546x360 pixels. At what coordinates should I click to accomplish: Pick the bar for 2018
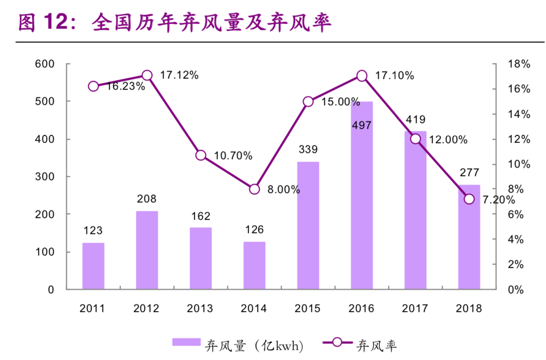pyautogui.click(x=469, y=241)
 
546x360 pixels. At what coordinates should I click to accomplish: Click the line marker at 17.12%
pyautogui.click(x=147, y=75)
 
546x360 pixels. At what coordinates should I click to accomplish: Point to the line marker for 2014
pyautogui.click(x=254, y=189)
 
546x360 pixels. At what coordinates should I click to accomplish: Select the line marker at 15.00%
pyautogui.click(x=308, y=102)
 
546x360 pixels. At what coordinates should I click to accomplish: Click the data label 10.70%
pyautogui.click(x=233, y=156)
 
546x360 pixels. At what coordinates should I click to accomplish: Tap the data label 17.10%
pyautogui.click(x=394, y=76)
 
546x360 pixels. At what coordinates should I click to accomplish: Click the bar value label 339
pyautogui.click(x=308, y=149)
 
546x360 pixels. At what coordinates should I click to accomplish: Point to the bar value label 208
pyautogui.click(x=147, y=199)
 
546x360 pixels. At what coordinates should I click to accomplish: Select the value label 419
pyautogui.click(x=416, y=119)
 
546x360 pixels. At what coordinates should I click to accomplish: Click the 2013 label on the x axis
pyautogui.click(x=200, y=308)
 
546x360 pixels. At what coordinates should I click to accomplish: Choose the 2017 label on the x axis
pyautogui.click(x=415, y=308)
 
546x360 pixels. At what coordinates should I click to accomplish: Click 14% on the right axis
pyautogui.click(x=519, y=115)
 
